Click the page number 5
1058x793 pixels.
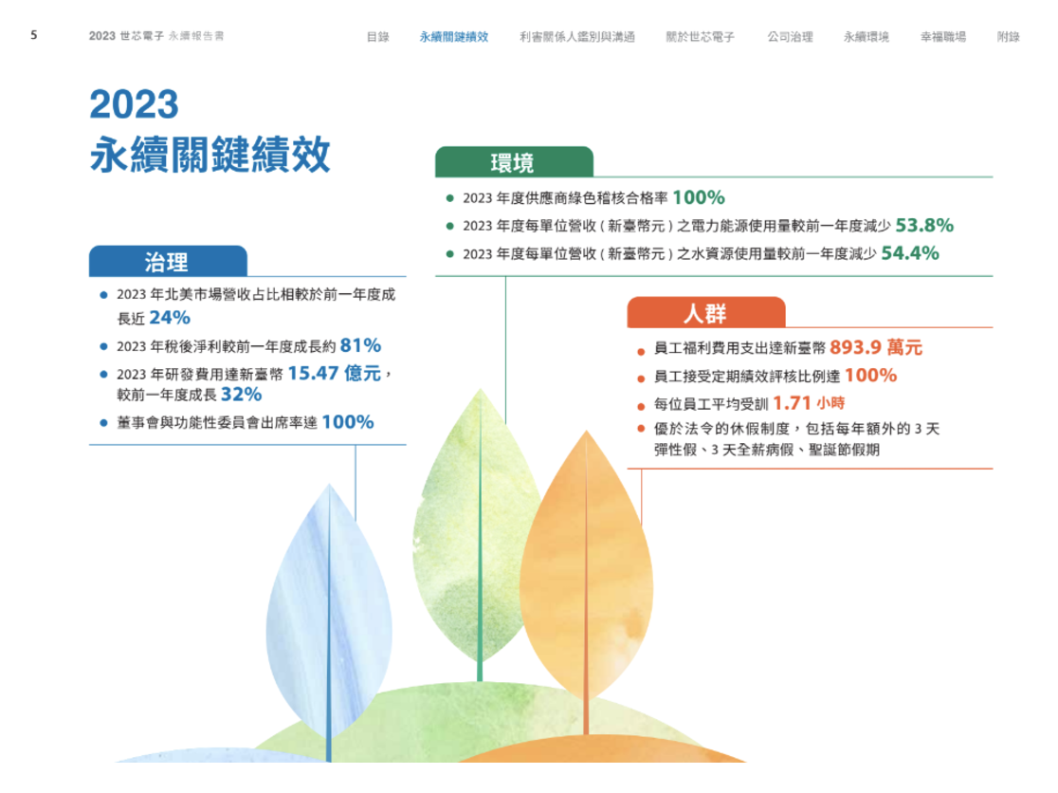pyautogui.click(x=34, y=35)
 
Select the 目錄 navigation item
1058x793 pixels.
pyautogui.click(x=378, y=36)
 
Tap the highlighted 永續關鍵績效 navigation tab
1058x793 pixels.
pyautogui.click(x=453, y=36)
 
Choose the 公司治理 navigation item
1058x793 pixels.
pyautogui.click(x=790, y=36)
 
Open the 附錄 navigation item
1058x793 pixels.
pyautogui.click(x=1009, y=36)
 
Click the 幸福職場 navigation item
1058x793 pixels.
pyautogui.click(x=943, y=36)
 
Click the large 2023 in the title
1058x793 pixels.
pyautogui.click(x=135, y=104)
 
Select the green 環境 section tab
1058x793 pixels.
pyautogui.click(x=514, y=162)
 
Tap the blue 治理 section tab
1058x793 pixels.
pyautogui.click(x=168, y=261)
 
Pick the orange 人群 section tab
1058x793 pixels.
pyautogui.click(x=706, y=312)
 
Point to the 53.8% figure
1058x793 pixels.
pyautogui.click(x=924, y=225)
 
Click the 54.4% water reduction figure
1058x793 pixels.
pyautogui.click(x=910, y=253)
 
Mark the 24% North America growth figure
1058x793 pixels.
pyautogui.click(x=170, y=317)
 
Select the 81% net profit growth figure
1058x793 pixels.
pyautogui.click(x=361, y=345)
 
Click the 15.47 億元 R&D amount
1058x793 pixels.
pyautogui.click(x=335, y=373)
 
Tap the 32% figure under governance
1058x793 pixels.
pyautogui.click(x=242, y=395)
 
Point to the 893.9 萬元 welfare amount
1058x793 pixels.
pyautogui.click(x=876, y=347)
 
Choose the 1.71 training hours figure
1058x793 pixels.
pyautogui.click(x=792, y=403)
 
